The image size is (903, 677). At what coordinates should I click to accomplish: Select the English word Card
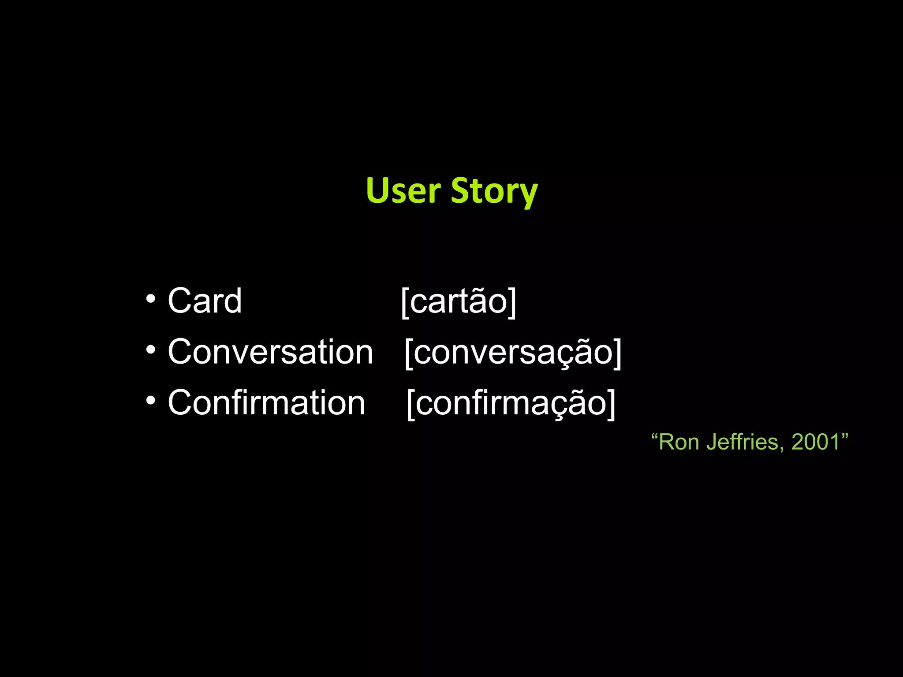pyautogui.click(x=205, y=301)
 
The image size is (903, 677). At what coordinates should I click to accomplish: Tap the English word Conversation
pyautogui.click(x=270, y=352)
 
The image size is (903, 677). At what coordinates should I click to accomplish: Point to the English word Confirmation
pyautogui.click(x=266, y=402)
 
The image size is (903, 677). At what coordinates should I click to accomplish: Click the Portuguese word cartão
pyautogui.click(x=459, y=301)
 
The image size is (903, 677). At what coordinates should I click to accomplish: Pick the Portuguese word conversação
pyautogui.click(x=513, y=353)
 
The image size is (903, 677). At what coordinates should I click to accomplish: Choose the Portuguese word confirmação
pyautogui.click(x=511, y=403)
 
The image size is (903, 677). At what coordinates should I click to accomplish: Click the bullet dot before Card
pyautogui.click(x=151, y=299)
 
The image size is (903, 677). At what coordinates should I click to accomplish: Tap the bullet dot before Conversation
pyautogui.click(x=151, y=350)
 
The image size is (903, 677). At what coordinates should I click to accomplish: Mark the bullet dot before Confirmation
pyautogui.click(x=151, y=401)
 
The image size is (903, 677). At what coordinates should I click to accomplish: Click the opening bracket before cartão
pyautogui.click(x=405, y=302)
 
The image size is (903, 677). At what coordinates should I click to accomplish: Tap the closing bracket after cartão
pyautogui.click(x=512, y=302)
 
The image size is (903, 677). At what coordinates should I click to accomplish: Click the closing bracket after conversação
pyautogui.click(x=617, y=353)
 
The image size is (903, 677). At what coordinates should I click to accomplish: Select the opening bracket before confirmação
pyautogui.click(x=410, y=404)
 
